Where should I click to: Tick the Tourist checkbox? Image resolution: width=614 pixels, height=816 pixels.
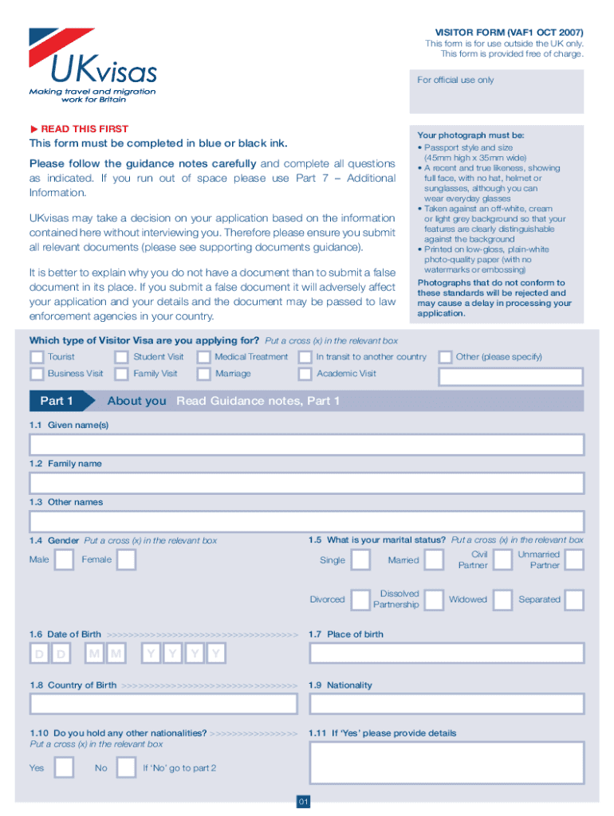tap(37, 357)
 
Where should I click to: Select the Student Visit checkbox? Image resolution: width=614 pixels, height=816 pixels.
tap(121, 357)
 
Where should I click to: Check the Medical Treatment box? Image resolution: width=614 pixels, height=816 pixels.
tap(204, 357)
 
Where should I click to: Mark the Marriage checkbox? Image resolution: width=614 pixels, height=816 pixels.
tap(204, 374)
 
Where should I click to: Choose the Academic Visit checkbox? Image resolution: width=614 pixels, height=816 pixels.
tap(305, 374)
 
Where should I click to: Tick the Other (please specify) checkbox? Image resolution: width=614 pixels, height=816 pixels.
tap(445, 357)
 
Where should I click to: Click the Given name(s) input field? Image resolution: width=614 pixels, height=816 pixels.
tap(306, 445)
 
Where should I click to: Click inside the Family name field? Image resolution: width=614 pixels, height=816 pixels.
tap(306, 483)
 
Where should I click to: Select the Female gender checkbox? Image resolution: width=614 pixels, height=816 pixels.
tap(126, 559)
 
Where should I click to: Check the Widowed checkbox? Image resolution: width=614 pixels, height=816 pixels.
tap(502, 600)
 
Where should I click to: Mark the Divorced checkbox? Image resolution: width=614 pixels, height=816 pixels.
tap(361, 600)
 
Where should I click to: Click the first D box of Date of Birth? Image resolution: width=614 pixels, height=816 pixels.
tap(39, 655)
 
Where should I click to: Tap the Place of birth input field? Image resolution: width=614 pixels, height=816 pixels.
tap(447, 653)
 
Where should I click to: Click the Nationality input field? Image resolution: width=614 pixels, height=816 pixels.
tap(447, 704)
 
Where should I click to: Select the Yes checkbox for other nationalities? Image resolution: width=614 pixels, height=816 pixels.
tap(64, 768)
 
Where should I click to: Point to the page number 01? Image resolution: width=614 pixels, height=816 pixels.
tap(303, 802)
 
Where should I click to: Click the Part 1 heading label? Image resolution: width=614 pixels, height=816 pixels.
tap(57, 401)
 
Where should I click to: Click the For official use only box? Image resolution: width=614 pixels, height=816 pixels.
tap(497, 94)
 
